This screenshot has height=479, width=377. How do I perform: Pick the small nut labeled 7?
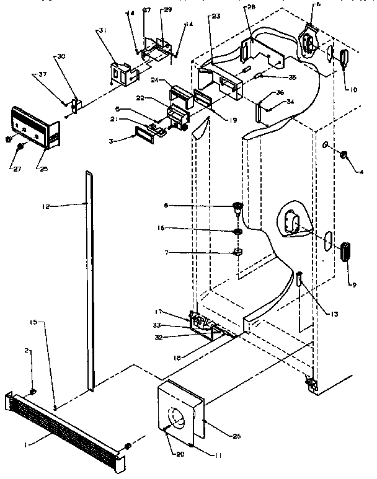pyautogui.click(x=238, y=252)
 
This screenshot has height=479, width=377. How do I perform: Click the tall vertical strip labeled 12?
pyautogui.click(x=91, y=279)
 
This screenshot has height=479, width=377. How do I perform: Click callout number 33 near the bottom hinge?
pyautogui.click(x=175, y=325)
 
